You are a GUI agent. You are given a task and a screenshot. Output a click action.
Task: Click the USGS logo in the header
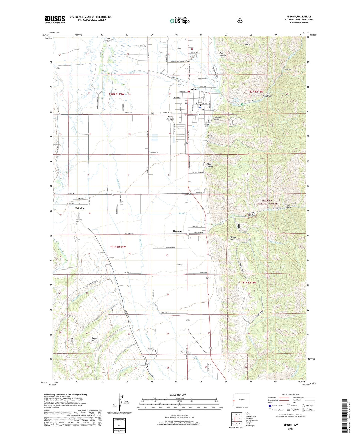point(55,19)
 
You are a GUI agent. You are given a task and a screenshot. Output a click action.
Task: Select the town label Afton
point(194,89)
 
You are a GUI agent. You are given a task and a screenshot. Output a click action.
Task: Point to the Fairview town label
point(80,208)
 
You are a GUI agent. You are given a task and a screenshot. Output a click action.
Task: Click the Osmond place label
point(177,231)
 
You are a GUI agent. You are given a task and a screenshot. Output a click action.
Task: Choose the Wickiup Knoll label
point(233,238)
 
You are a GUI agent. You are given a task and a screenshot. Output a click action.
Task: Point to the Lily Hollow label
point(248,43)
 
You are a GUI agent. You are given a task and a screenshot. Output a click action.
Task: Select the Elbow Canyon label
point(209,165)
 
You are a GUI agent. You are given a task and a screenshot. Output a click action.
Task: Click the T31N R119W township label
point(118,247)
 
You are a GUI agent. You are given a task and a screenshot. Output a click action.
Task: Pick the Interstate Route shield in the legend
point(270,405)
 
